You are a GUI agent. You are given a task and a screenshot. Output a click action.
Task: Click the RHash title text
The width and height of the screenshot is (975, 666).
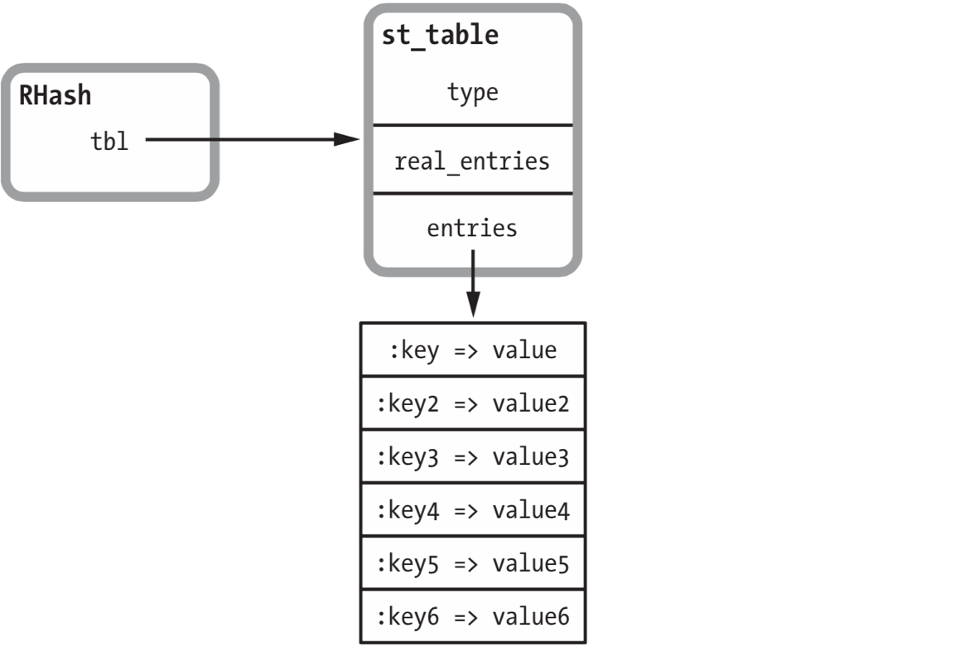click(55, 96)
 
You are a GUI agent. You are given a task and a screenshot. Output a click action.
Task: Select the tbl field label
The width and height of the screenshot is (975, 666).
click(109, 141)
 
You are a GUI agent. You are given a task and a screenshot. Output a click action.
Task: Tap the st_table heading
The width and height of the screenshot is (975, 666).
click(439, 36)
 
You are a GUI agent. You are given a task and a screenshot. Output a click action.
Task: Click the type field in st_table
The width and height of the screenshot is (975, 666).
click(472, 92)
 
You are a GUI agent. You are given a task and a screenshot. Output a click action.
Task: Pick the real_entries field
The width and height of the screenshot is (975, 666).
click(472, 160)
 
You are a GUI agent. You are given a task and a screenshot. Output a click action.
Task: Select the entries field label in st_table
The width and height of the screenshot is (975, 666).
click(472, 228)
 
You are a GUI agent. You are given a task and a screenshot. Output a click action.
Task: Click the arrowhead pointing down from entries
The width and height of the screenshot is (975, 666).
click(472, 306)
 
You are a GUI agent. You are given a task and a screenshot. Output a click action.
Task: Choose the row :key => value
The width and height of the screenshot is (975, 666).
click(472, 350)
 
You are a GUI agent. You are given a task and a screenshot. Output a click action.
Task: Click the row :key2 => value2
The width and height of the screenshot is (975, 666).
click(472, 403)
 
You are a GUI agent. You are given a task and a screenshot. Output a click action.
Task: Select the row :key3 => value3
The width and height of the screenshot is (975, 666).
click(472, 457)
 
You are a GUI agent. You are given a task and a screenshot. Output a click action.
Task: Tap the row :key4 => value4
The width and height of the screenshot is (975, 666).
click(472, 510)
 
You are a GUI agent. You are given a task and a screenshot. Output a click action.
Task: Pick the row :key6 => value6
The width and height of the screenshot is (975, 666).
click(472, 616)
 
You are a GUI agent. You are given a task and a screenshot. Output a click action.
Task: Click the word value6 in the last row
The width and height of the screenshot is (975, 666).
click(530, 616)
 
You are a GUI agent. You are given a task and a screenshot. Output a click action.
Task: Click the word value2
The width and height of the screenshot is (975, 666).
click(530, 403)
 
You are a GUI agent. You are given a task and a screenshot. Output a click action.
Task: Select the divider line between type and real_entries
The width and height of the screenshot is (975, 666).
click(472, 125)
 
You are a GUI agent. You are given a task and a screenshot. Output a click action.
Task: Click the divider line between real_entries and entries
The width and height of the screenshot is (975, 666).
click(472, 193)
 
